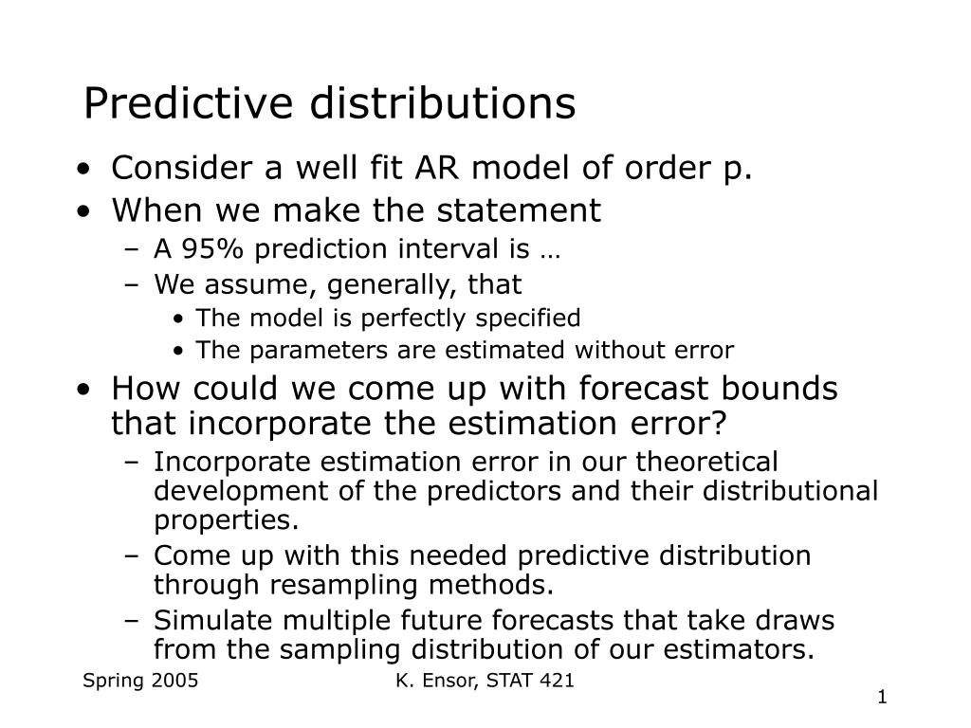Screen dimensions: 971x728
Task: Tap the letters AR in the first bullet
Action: (x=437, y=168)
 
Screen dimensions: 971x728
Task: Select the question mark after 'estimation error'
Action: (x=719, y=424)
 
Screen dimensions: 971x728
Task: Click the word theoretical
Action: (x=706, y=462)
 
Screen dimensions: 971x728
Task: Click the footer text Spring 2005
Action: (x=140, y=681)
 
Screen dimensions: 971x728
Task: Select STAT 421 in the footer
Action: (x=530, y=681)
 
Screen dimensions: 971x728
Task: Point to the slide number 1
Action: (x=883, y=698)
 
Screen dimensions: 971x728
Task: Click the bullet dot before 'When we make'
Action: (x=83, y=211)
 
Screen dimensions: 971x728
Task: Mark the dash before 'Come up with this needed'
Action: (x=131, y=555)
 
